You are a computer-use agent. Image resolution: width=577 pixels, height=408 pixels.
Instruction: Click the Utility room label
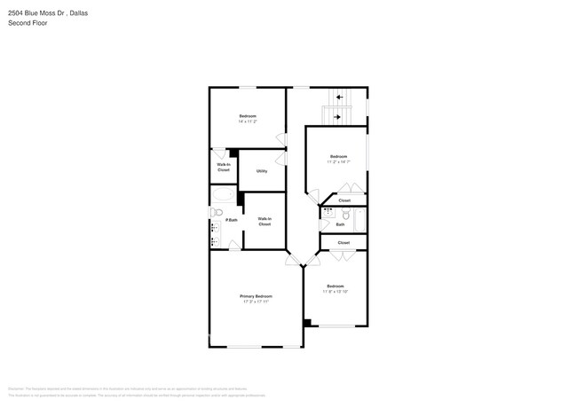click(262, 171)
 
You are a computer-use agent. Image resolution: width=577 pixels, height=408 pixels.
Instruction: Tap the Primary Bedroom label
click(256, 296)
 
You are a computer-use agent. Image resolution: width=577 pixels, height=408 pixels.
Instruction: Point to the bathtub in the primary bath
click(223, 194)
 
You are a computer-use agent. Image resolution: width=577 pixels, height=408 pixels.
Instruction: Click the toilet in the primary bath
click(215, 212)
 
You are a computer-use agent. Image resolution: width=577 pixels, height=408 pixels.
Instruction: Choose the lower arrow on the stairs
click(336, 114)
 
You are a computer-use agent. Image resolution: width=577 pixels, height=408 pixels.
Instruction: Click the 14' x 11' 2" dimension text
click(248, 122)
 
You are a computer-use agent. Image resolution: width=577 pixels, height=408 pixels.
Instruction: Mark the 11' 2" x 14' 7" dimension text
click(338, 161)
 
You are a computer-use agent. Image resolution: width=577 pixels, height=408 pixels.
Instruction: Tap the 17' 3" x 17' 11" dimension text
click(256, 302)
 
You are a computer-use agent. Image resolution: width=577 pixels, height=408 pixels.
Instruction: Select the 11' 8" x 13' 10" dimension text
click(335, 291)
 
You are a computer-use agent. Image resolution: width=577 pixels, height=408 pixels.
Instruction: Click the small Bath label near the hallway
click(340, 224)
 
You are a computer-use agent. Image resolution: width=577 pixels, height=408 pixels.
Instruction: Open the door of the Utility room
click(283, 159)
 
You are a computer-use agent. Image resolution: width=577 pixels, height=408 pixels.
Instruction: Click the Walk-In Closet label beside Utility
click(224, 167)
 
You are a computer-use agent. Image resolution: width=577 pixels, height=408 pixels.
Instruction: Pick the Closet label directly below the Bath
click(344, 242)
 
